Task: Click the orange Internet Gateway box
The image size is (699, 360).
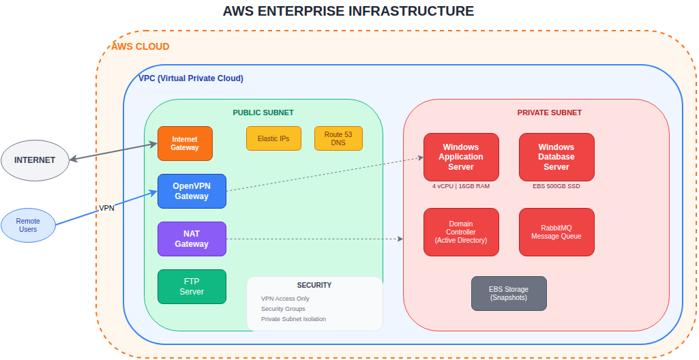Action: coord(185,143)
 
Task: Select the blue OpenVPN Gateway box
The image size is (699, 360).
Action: coord(192,191)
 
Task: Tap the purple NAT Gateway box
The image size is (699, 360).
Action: coord(192,239)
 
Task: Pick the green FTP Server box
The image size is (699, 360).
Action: coord(192,286)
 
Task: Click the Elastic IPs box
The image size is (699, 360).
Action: coord(273,138)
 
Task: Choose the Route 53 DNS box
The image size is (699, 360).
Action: coord(338,138)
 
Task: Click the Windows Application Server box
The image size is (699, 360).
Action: coord(461,157)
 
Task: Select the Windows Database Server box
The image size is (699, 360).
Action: coord(556,157)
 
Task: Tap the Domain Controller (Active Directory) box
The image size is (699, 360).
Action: coord(461,232)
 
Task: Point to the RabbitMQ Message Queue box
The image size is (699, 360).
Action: coord(556,232)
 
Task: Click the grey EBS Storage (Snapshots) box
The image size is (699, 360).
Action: coord(509,293)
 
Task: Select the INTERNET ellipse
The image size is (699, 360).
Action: coord(35,161)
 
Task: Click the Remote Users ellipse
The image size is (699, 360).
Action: coord(28,225)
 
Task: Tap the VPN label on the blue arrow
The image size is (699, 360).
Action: coord(106,208)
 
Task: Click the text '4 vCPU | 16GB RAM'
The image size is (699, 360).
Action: coord(461,186)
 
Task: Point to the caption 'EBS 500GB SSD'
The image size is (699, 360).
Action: coord(556,186)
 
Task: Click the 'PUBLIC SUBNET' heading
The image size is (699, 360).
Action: coord(263,112)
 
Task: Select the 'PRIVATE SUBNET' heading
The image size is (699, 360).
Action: coord(550,112)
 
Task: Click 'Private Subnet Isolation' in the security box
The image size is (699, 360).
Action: coord(293,319)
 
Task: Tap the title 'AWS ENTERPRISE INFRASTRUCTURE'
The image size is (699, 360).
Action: coord(348,12)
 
